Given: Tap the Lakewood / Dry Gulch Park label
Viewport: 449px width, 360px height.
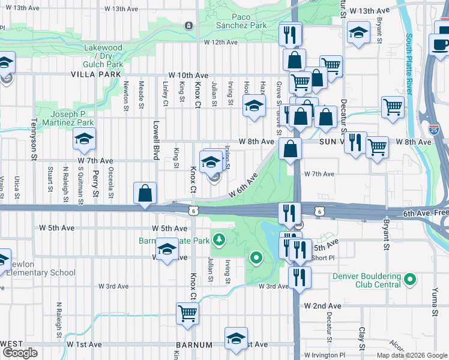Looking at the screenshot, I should point(104,56).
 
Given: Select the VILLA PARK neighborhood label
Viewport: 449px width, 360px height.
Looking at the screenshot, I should point(92,74).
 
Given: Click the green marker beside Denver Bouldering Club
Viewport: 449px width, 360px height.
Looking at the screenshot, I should point(410,280).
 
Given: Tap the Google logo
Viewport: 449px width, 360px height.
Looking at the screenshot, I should point(20,353).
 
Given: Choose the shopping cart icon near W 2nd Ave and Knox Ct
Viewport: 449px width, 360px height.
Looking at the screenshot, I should point(187,313).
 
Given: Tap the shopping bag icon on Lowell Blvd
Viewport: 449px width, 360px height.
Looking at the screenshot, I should point(145,193).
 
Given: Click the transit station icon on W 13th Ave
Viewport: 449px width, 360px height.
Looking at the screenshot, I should point(189,26).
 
